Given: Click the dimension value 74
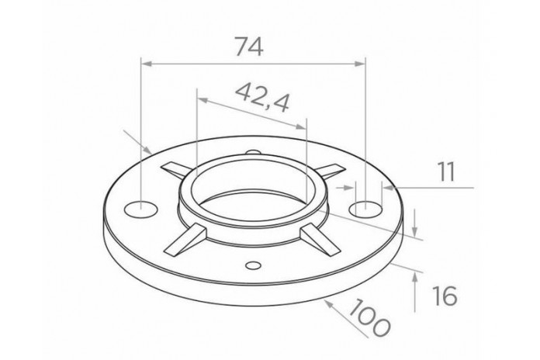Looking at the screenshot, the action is click(249, 47).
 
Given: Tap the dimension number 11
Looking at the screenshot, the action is click(446, 171).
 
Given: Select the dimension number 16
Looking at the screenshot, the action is click(445, 296).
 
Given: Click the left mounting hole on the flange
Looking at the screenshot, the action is click(140, 209).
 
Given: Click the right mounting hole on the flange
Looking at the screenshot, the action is click(365, 209).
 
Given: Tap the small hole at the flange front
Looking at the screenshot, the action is click(253, 265).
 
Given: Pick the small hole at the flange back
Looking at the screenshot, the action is click(254, 152).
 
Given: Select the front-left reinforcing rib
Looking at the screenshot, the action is click(185, 240).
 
